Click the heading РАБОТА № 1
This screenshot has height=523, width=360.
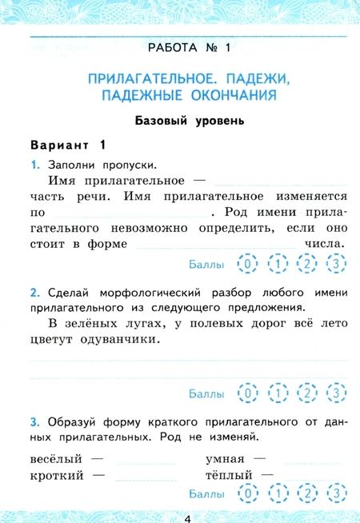point(189,48)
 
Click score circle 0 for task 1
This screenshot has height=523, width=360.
point(249,263)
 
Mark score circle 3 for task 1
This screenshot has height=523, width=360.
point(338,263)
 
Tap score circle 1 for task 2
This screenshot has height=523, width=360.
point(278,393)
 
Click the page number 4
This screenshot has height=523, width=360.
point(187,517)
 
